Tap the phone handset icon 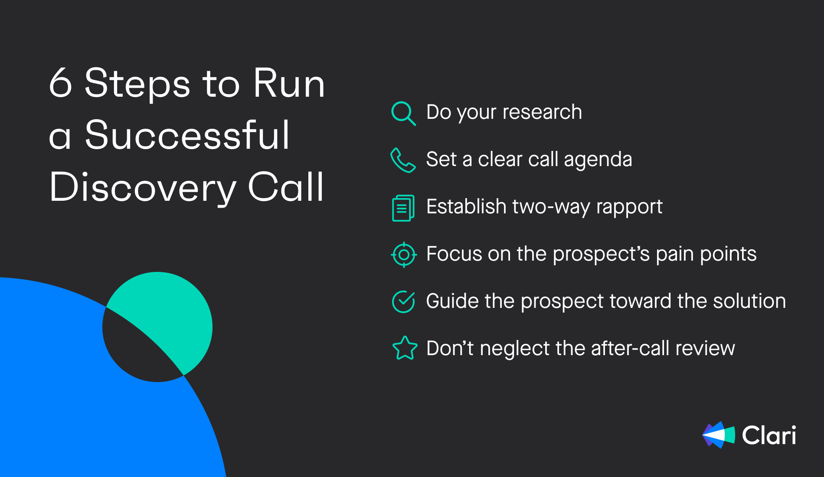[x=403, y=160]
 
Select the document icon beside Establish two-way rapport [x=403, y=208]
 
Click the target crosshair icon [x=404, y=255]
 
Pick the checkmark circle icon [x=403, y=301]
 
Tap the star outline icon [x=405, y=348]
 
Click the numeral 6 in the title [x=60, y=83]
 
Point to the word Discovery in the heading [x=143, y=187]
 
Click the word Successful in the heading [x=187, y=135]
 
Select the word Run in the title [x=289, y=83]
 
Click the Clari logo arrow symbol [x=719, y=435]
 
